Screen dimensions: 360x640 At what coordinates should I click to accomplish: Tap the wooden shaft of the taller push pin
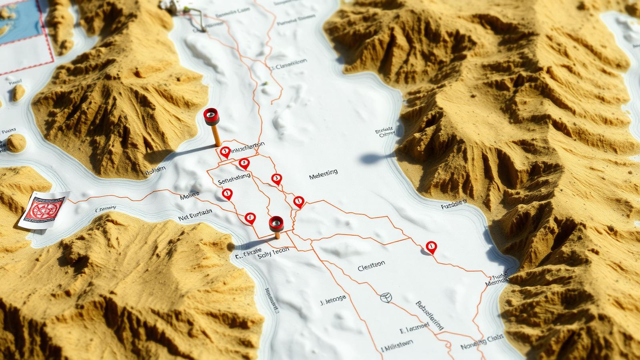(216, 136)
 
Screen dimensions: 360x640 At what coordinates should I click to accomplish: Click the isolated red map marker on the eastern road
(431, 247)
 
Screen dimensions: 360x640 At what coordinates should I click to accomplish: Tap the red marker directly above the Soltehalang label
(244, 163)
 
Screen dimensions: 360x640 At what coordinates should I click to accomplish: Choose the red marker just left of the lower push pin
(250, 218)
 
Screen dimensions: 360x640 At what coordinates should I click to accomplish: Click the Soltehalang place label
(234, 179)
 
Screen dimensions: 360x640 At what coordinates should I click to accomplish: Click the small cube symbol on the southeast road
(386, 297)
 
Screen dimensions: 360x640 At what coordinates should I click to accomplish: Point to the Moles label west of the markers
(189, 196)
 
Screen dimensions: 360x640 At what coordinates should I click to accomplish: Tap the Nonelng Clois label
(482, 343)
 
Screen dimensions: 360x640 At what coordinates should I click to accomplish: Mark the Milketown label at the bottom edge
(398, 346)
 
